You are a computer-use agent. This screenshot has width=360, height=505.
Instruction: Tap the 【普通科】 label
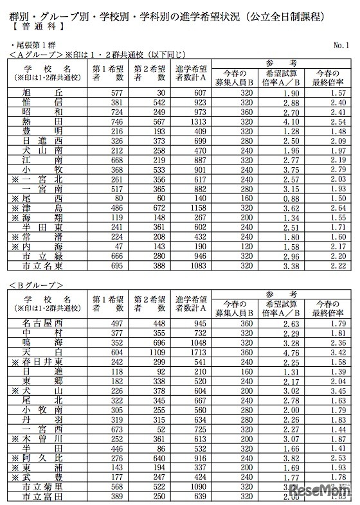(32, 28)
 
